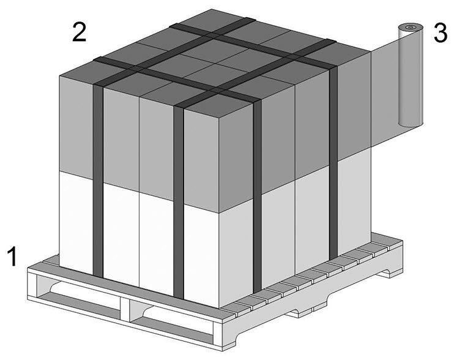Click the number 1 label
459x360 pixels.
(13, 257)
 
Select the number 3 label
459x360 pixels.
(440, 32)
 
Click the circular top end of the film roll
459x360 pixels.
(411, 28)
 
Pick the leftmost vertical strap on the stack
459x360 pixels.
(98, 180)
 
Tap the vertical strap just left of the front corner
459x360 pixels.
(179, 202)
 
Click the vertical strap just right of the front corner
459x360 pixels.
(257, 197)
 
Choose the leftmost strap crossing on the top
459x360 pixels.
(136, 69)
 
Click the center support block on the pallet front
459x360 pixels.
(125, 307)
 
